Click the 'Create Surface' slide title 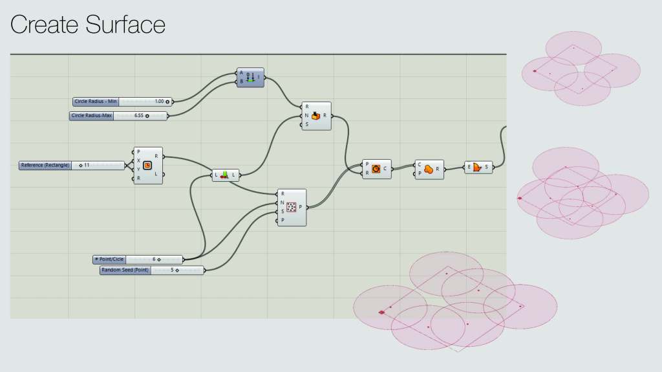click(x=88, y=25)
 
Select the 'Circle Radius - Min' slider click(x=96, y=102)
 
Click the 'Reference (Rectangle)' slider click(x=45, y=165)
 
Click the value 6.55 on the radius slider click(x=138, y=116)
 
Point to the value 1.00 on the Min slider click(x=159, y=102)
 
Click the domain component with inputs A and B click(x=251, y=77)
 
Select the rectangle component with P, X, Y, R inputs click(x=148, y=165)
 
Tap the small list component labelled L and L click(x=226, y=175)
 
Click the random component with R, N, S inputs click(x=316, y=116)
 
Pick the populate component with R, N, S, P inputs click(x=292, y=207)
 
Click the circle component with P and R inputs click(x=376, y=169)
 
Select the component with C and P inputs click(x=429, y=169)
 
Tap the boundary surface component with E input click(x=478, y=168)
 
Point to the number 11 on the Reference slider click(x=87, y=165)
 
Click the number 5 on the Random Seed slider click(x=173, y=270)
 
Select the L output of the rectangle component click(x=156, y=174)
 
